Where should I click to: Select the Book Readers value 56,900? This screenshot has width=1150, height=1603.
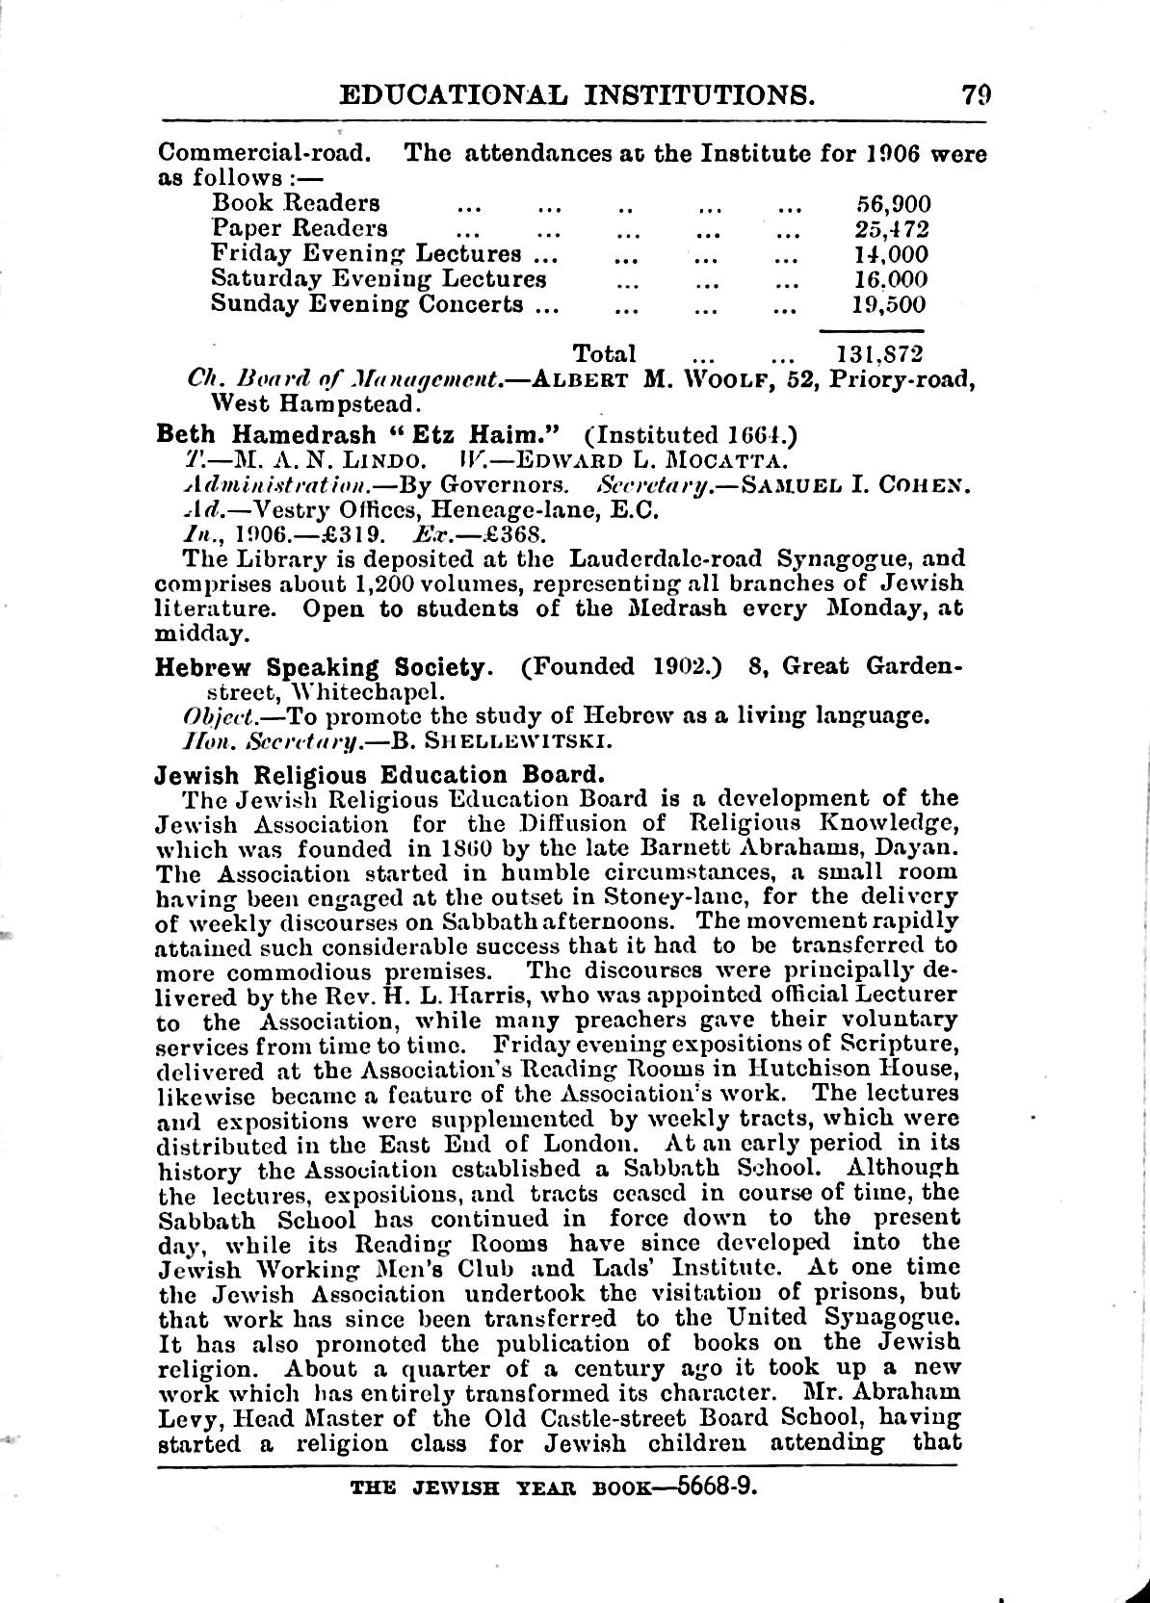pyautogui.click(x=893, y=203)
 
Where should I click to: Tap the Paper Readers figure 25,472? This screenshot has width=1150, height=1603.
pyautogui.click(x=892, y=229)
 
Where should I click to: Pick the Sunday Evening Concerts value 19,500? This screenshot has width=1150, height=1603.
pyautogui.click(x=890, y=305)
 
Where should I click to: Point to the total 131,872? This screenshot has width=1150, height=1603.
pyautogui.click(x=881, y=353)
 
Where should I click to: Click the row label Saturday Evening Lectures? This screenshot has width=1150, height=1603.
pyautogui.click(x=379, y=279)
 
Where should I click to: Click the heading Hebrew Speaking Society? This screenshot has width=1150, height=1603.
pyautogui.click(x=318, y=666)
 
